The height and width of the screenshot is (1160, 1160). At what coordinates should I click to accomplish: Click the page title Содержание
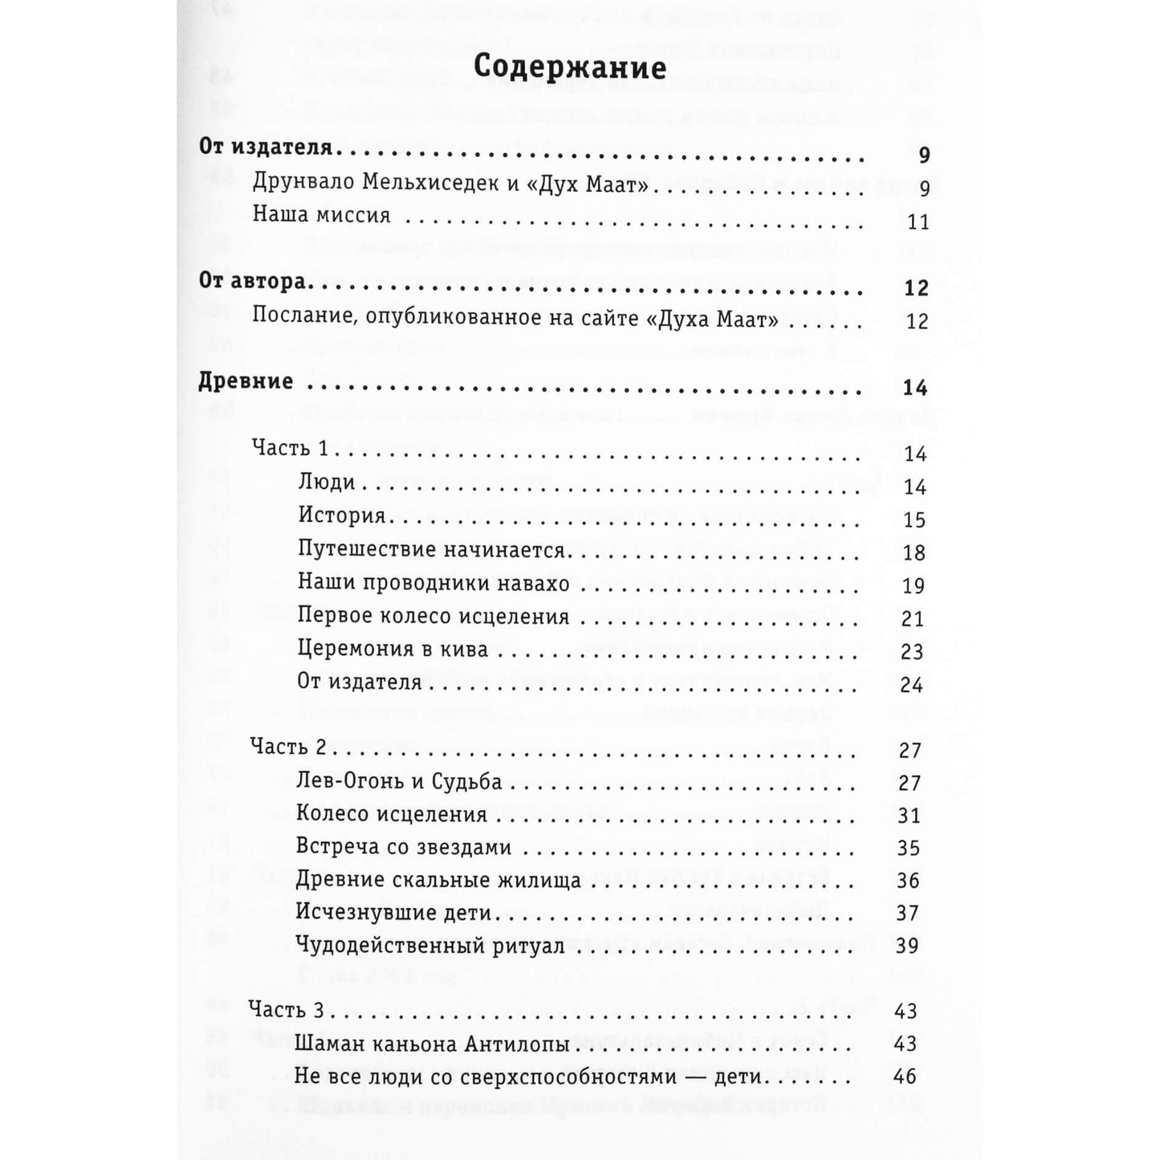click(569, 67)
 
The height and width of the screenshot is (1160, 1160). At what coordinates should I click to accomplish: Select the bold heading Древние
click(246, 381)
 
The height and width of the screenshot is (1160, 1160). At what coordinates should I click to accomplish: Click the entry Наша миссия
click(321, 215)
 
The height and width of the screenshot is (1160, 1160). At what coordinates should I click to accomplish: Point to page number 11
click(918, 222)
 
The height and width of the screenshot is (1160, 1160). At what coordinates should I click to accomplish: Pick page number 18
click(914, 553)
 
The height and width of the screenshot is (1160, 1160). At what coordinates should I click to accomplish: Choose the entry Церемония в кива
click(393, 649)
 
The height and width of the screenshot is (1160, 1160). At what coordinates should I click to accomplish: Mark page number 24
click(912, 685)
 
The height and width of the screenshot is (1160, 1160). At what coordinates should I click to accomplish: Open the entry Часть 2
click(288, 747)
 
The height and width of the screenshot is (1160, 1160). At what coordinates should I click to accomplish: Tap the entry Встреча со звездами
click(404, 847)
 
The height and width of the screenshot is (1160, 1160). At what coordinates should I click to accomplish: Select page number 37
click(907, 914)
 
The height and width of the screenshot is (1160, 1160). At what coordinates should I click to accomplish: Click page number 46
click(905, 1077)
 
